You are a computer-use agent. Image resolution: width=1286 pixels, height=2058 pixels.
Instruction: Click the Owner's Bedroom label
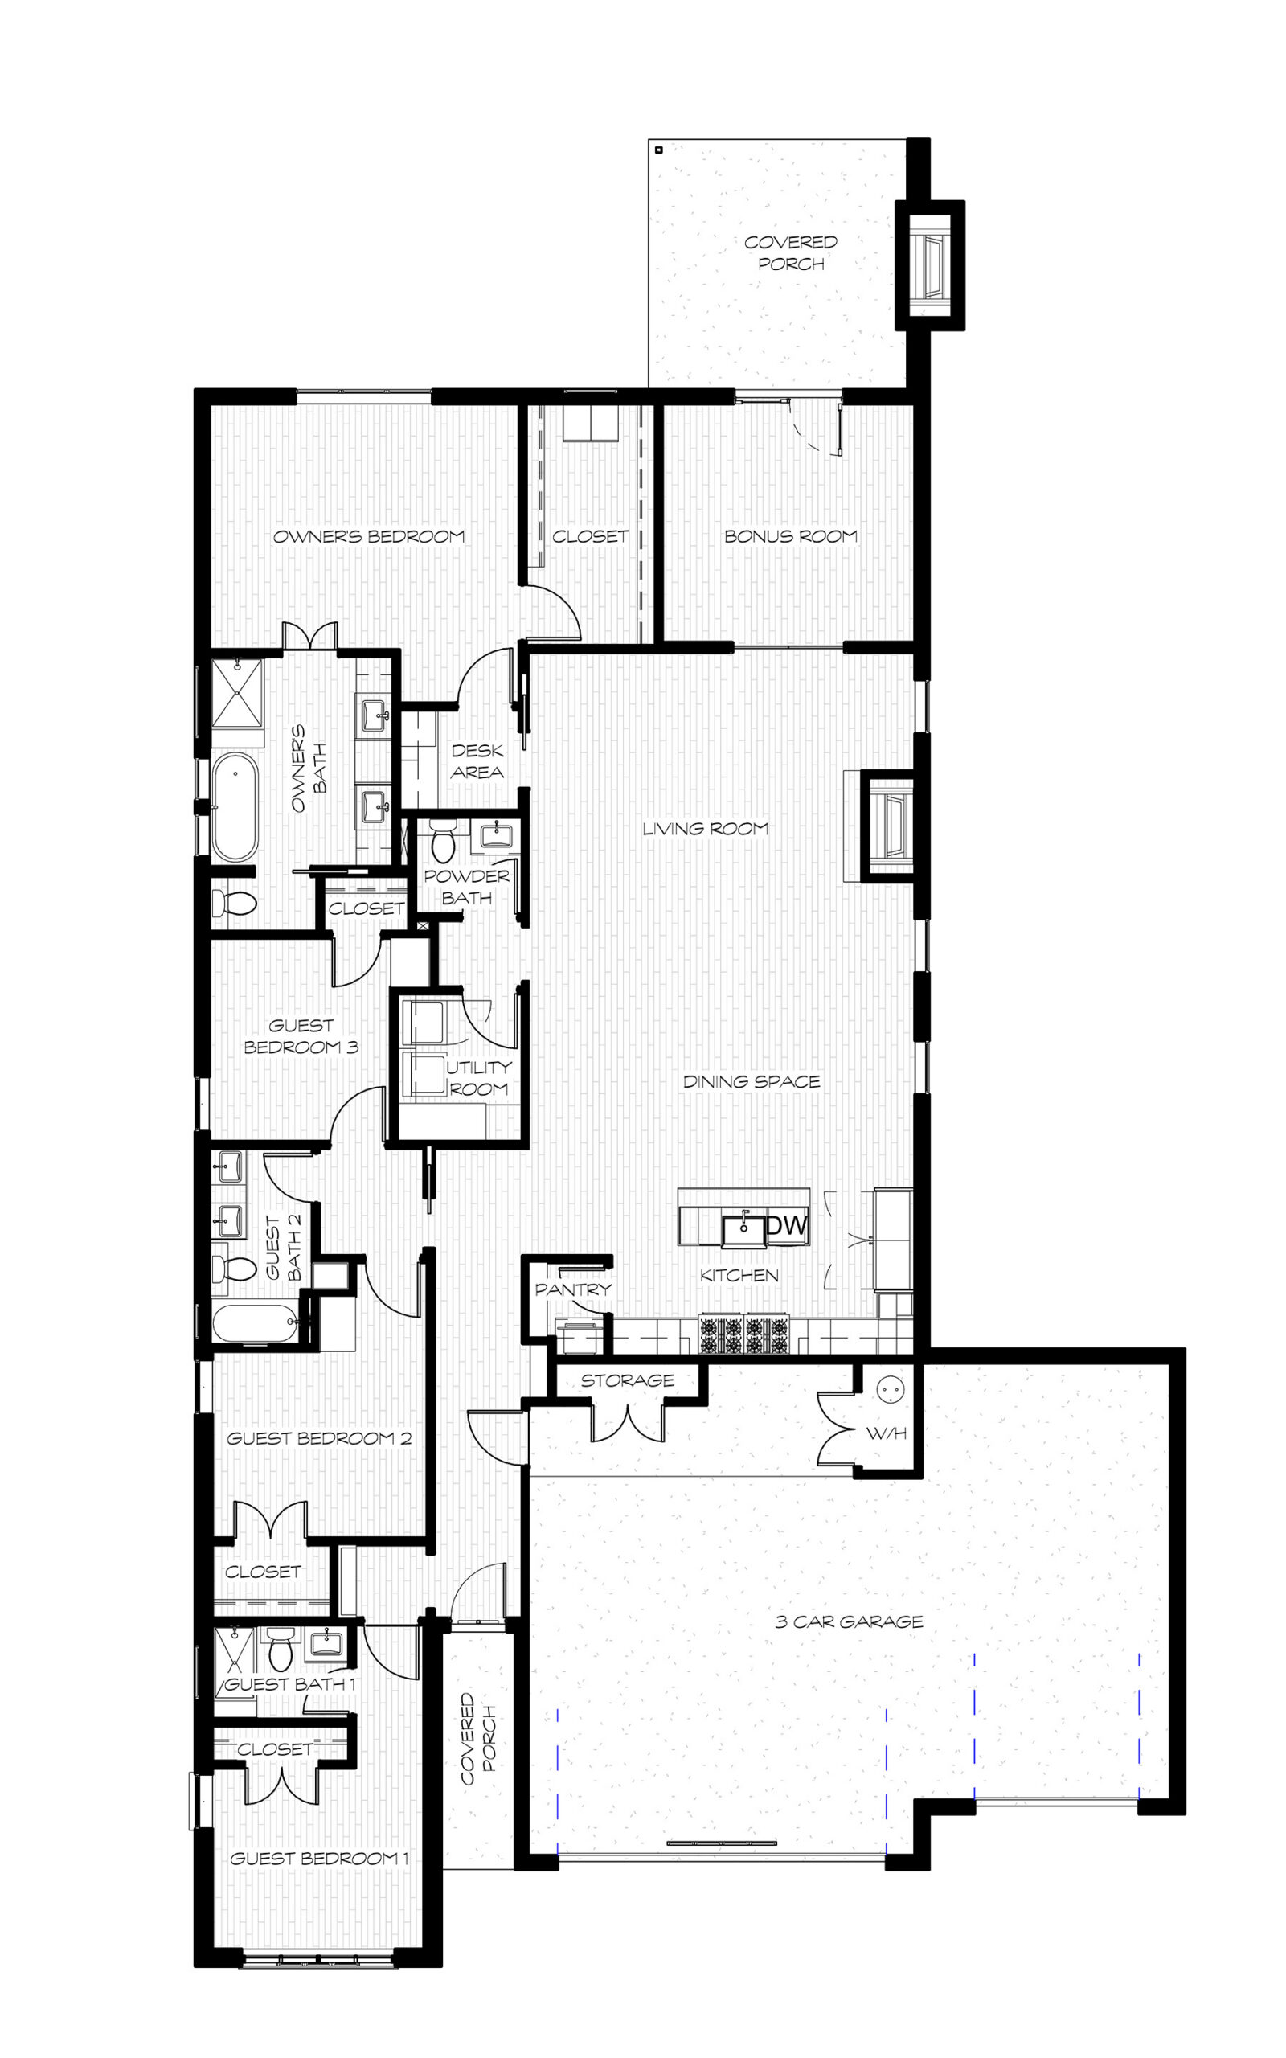[x=369, y=537]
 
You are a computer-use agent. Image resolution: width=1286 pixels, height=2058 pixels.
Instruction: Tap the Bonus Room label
[x=791, y=537]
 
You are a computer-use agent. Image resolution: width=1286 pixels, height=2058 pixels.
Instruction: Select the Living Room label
[x=705, y=828]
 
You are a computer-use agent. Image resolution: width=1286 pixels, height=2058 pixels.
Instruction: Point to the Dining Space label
[x=752, y=1082]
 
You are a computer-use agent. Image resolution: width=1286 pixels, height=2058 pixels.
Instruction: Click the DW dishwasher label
[x=787, y=1225]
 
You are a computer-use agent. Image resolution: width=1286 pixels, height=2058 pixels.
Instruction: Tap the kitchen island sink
[x=744, y=1230]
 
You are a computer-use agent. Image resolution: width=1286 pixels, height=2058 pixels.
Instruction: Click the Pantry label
[x=573, y=1289]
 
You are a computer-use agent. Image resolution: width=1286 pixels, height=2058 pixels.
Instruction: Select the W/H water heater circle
[x=890, y=1388]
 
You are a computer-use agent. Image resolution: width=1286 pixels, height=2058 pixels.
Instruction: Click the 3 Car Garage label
[x=849, y=1621]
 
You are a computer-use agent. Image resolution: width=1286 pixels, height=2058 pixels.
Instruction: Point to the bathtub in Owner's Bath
[x=234, y=807]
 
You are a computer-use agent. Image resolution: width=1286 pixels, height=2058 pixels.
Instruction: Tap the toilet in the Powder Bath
[x=443, y=839]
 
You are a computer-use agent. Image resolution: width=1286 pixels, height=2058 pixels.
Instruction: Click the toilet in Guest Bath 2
[x=234, y=1268]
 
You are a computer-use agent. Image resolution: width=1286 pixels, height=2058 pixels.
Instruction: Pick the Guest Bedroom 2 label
[x=319, y=1438]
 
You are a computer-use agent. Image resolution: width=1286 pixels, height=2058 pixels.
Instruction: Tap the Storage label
[x=628, y=1380]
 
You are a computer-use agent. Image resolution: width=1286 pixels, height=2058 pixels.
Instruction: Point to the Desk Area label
[x=477, y=761]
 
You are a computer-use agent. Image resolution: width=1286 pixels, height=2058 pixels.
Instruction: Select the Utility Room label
[x=479, y=1077]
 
